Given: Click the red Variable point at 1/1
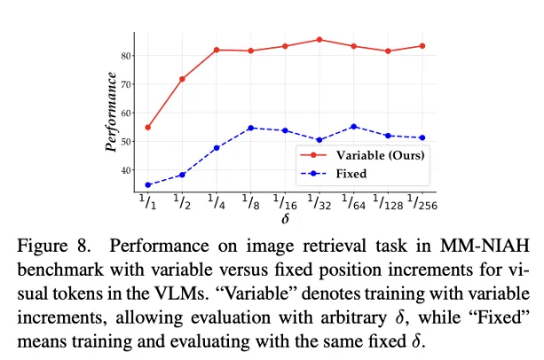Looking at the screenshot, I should click(x=147, y=127).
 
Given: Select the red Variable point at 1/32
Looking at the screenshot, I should click(x=319, y=40).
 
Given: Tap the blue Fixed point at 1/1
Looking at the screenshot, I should click(x=147, y=185).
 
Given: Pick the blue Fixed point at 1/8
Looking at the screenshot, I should click(x=251, y=128).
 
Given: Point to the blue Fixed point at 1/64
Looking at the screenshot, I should click(x=354, y=127).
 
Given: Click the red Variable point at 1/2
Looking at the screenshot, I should click(x=182, y=79).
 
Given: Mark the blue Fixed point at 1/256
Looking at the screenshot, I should click(x=422, y=137).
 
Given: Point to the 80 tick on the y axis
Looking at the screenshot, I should click(x=127, y=55).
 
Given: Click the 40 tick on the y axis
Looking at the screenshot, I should click(x=127, y=170).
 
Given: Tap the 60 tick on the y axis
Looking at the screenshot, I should click(x=127, y=113).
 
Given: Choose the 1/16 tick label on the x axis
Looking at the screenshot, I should click(x=284, y=202).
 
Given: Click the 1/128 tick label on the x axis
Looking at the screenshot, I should click(x=388, y=202).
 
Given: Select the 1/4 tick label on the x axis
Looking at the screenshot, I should click(x=217, y=202).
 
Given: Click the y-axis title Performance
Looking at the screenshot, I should click(x=110, y=113).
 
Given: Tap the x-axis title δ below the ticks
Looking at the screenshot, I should click(x=283, y=219).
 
